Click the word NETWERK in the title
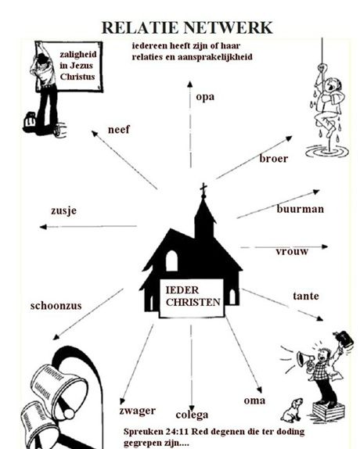(228, 28)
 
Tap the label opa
(205, 97)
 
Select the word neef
(119, 129)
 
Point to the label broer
(273, 158)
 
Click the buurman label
(301, 209)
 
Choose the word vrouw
(292, 251)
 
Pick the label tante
(306, 296)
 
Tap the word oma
(254, 401)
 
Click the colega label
(192, 415)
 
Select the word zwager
(138, 411)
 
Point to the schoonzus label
(56, 306)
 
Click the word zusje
(64, 210)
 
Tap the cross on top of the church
(203, 190)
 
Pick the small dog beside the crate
(292, 411)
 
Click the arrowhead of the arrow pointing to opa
(190, 84)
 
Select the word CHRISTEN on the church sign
(193, 302)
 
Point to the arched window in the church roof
(171, 260)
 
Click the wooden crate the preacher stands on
(328, 411)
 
